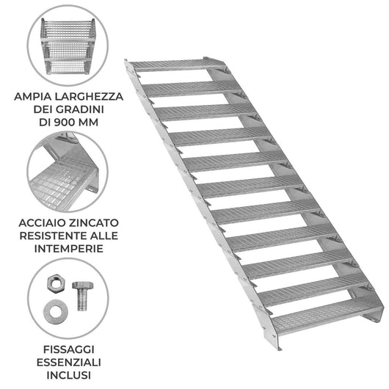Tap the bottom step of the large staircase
tap(323, 318)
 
